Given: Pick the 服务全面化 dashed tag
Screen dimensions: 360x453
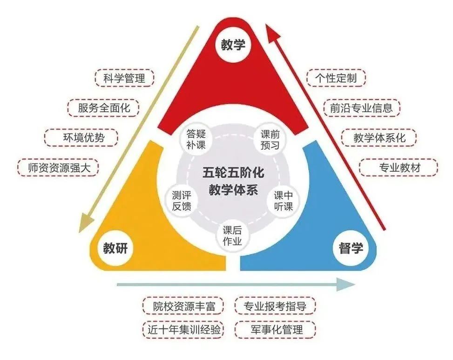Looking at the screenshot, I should tap(101, 108).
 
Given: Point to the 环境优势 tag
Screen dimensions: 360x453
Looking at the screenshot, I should tap(81, 137).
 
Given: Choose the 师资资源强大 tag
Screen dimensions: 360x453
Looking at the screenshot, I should tap(58, 167).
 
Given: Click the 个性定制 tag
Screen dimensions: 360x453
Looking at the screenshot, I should tap(336, 78).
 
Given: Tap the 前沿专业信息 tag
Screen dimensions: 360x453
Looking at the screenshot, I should tap(362, 108).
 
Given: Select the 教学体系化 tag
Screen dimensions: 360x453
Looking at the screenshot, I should tap(379, 138).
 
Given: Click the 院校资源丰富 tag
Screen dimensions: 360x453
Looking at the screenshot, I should tap(182, 306).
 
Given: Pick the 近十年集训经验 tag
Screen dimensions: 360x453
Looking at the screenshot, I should tap(182, 330).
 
